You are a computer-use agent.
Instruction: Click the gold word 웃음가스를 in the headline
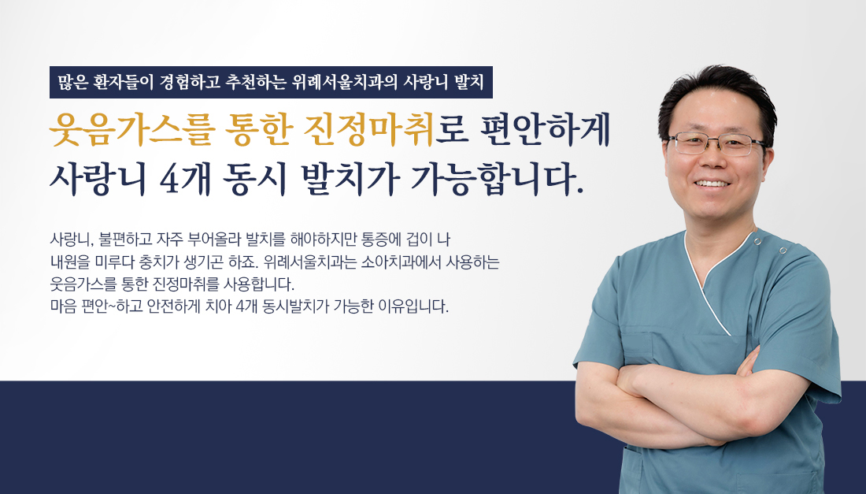(x=130, y=131)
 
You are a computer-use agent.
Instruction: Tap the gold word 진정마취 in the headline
(x=369, y=131)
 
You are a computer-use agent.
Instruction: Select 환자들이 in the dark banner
(x=122, y=82)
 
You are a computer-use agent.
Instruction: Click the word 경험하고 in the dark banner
(x=188, y=82)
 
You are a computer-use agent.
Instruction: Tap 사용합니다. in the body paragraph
(x=258, y=284)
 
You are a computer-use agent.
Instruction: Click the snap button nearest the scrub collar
(x=757, y=241)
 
